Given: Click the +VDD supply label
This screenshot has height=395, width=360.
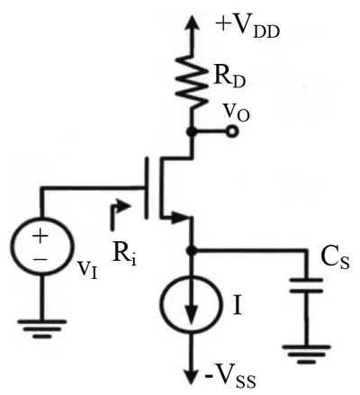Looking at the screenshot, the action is click(x=247, y=28).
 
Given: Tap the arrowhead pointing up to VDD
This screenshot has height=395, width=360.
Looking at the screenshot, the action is click(x=191, y=23).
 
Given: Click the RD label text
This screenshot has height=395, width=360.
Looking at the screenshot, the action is click(x=229, y=78).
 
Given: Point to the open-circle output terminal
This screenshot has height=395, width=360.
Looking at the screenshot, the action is click(x=231, y=131).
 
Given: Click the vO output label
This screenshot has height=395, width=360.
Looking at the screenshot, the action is click(x=238, y=113).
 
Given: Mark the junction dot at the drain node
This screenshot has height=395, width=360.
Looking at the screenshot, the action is click(x=191, y=131).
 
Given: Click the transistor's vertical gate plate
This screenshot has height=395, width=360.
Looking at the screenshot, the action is click(x=147, y=188).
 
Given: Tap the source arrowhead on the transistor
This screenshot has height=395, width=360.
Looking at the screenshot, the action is click(x=179, y=218).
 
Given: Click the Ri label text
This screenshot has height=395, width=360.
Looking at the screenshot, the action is click(x=124, y=256).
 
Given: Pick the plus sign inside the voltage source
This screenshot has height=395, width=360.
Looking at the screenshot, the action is click(x=40, y=236).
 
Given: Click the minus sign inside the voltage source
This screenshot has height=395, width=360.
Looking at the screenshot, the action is click(x=40, y=259).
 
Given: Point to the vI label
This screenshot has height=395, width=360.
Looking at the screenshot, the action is click(x=87, y=267).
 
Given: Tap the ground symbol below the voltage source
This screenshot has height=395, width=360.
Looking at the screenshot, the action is click(x=42, y=329).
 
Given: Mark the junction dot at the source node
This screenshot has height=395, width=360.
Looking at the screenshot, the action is click(x=191, y=250).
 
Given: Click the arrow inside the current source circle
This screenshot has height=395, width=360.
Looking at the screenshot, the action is click(x=191, y=303).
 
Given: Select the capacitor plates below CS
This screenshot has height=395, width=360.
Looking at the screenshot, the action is click(x=306, y=286).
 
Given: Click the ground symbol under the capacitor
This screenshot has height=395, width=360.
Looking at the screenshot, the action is click(x=306, y=355).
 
